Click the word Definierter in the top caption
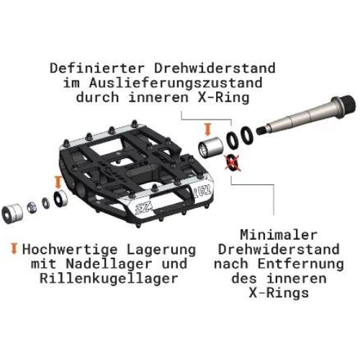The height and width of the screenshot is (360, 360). (x=97, y=68)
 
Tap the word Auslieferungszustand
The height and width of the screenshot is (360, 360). (x=176, y=83)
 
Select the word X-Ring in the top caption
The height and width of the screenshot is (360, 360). (x=223, y=98)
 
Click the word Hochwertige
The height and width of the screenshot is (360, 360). (x=70, y=250)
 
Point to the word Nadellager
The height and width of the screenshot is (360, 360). (x=109, y=264)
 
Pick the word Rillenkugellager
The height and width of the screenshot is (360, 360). (x=109, y=279)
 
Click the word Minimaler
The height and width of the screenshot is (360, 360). (x=279, y=235)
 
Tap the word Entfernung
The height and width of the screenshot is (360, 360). (x=300, y=264)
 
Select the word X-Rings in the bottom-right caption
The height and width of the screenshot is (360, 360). (x=279, y=293)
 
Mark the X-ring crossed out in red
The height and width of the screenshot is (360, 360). (x=233, y=163)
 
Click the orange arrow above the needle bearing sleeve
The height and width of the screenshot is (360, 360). (x=208, y=130)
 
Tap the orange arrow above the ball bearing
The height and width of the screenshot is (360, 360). (x=58, y=182)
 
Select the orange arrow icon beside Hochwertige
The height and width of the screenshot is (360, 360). (x=14, y=248)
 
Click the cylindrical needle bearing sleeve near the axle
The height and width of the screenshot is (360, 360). (x=210, y=148)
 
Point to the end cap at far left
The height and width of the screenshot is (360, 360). (x=12, y=213)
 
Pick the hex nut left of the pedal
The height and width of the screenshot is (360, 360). (x=32, y=208)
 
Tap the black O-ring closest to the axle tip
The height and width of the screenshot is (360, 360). (x=247, y=135)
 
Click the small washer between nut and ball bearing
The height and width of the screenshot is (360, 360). (x=45, y=203)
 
